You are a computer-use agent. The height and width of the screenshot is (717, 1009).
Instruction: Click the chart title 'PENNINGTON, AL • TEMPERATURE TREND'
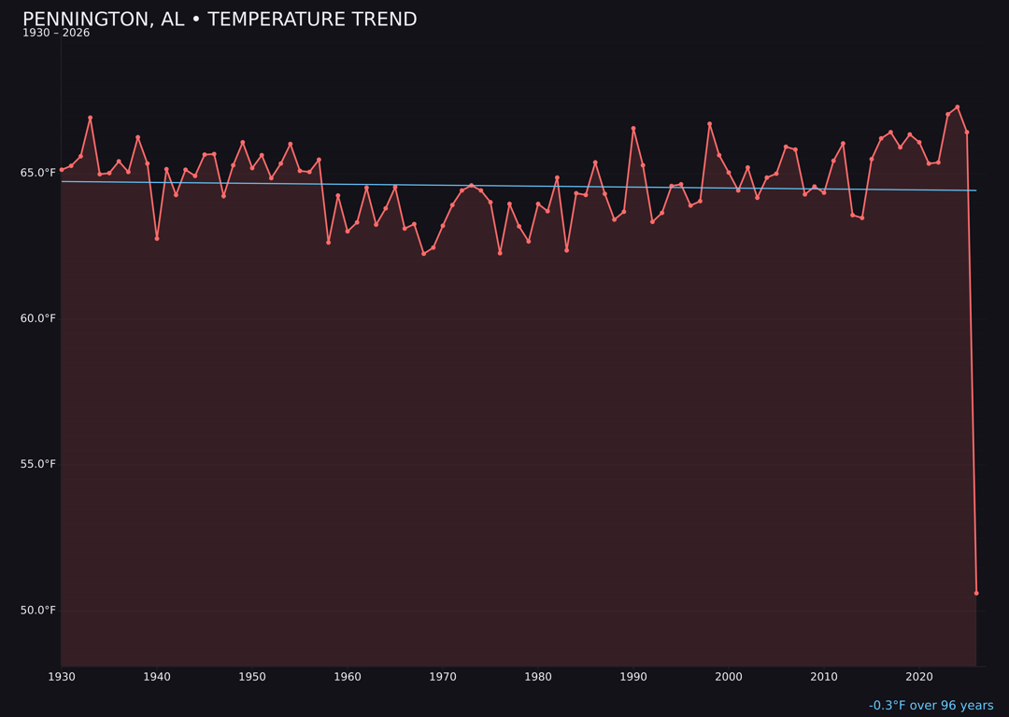tap(220, 20)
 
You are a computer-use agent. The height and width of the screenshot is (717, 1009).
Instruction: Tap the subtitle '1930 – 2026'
tap(56, 34)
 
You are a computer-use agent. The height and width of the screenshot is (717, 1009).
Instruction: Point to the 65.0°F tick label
tap(38, 173)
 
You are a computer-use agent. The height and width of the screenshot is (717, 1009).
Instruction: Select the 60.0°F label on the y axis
tap(38, 318)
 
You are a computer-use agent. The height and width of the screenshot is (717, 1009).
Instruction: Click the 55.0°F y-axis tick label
tap(38, 464)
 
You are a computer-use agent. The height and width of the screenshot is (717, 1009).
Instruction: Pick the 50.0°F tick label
tap(38, 611)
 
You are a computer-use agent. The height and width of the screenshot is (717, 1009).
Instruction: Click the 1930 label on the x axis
tap(62, 677)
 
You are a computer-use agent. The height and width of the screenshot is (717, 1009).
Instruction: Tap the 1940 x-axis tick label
tap(157, 677)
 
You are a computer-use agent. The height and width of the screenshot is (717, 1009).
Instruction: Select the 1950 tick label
tap(252, 677)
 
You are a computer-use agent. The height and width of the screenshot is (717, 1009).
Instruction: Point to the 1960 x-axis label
tap(348, 677)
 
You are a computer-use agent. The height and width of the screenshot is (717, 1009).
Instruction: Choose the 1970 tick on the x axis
tap(443, 677)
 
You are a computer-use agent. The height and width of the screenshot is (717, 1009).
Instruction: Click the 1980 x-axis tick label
tap(538, 677)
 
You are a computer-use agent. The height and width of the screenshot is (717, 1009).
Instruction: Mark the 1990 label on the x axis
tap(633, 677)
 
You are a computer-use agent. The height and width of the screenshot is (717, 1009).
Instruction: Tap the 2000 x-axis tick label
tap(729, 677)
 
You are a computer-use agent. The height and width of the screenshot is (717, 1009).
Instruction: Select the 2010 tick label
tap(824, 677)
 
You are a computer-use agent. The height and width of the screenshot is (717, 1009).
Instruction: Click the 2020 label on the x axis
tap(919, 677)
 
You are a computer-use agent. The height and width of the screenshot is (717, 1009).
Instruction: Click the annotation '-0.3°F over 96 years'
tap(931, 706)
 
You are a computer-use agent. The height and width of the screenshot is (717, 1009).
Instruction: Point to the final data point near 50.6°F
tap(976, 593)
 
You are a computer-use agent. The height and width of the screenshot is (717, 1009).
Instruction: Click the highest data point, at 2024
tap(958, 107)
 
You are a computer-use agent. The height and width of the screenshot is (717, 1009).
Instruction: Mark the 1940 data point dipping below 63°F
tap(157, 238)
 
